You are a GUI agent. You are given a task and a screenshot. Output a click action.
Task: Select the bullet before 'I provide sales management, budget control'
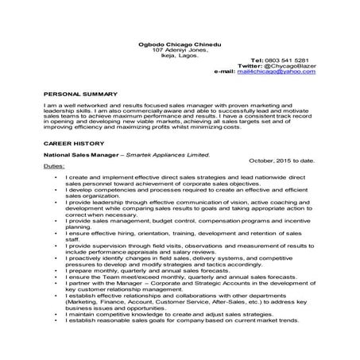55,220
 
